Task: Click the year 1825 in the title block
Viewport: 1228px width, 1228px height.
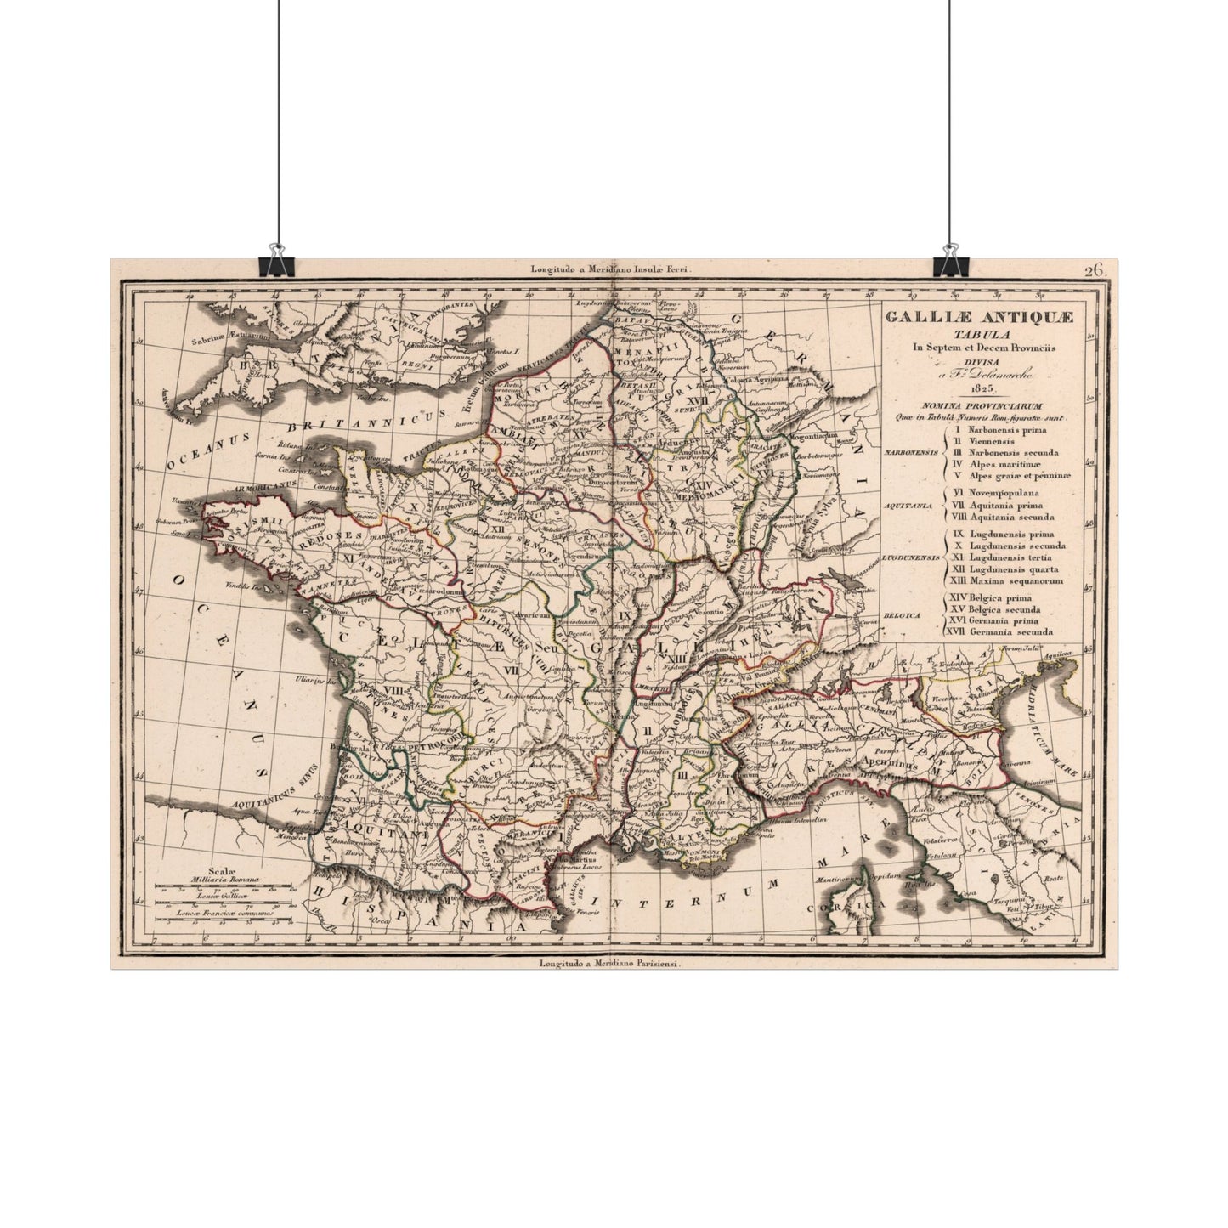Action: pyautogui.click(x=979, y=388)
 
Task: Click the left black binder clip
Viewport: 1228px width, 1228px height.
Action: pyautogui.click(x=275, y=260)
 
